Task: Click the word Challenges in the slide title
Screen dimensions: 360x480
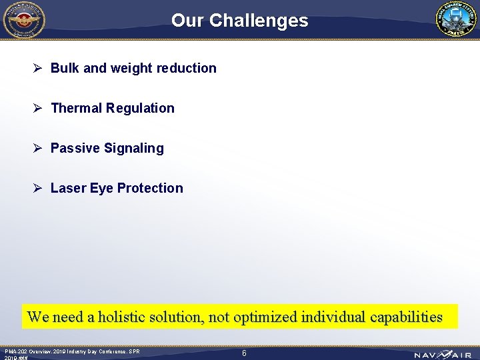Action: [259, 21]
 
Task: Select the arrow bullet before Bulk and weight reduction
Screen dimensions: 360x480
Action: [39, 68]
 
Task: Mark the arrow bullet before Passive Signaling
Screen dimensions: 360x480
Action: [39, 148]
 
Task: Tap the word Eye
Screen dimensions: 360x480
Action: [101, 188]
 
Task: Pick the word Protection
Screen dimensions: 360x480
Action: [150, 188]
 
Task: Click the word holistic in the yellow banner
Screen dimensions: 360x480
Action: [125, 317]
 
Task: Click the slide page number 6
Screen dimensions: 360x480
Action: [244, 353]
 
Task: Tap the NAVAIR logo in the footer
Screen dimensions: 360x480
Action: [442, 355]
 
